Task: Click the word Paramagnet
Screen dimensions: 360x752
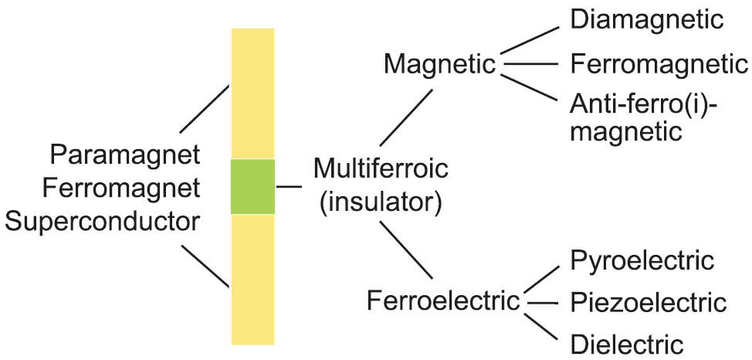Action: click(125, 155)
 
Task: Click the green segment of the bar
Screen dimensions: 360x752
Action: click(253, 186)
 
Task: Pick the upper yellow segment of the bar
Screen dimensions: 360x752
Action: click(253, 93)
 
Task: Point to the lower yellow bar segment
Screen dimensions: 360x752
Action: click(253, 278)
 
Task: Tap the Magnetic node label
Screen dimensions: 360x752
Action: click(439, 65)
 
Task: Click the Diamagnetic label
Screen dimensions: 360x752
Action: click(647, 20)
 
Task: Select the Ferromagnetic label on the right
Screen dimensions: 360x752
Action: click(659, 63)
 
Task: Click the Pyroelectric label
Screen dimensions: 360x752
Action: click(642, 260)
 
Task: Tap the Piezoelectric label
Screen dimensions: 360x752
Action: click(649, 301)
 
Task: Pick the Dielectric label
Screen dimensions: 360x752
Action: click(627, 342)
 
